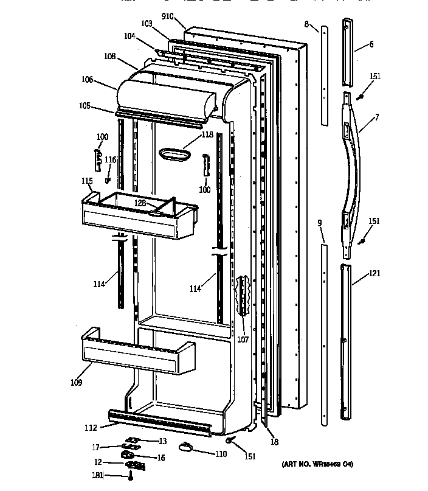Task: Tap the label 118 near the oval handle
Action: (x=207, y=134)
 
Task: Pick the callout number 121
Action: (x=374, y=273)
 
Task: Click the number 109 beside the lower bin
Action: (x=76, y=383)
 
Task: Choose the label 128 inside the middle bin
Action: (x=140, y=203)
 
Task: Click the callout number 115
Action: (x=87, y=181)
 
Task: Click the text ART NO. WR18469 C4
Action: (x=317, y=465)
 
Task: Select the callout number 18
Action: (x=274, y=443)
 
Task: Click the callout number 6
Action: (x=371, y=44)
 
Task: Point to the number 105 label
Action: (x=84, y=106)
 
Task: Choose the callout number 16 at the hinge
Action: (x=162, y=458)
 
